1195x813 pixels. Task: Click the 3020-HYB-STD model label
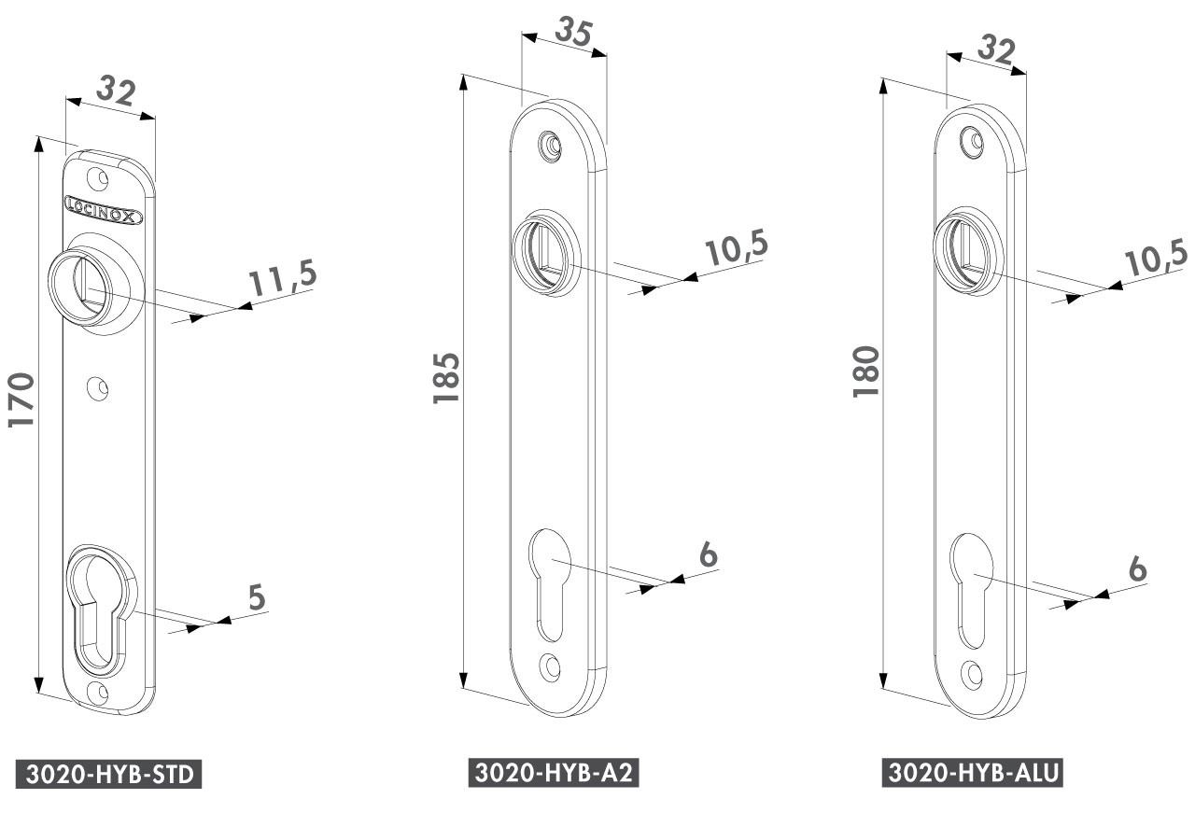click(109, 774)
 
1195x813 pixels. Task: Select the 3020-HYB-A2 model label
click(554, 773)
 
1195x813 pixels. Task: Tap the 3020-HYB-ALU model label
click(973, 773)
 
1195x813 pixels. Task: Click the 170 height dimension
click(21, 399)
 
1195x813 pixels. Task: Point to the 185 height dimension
click(446, 378)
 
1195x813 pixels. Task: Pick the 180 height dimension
click(865, 371)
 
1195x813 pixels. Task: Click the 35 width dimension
click(574, 32)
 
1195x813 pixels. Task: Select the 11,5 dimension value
click(283, 277)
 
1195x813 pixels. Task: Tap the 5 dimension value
click(257, 597)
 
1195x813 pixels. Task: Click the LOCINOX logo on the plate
click(104, 210)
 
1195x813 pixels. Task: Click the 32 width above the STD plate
click(116, 91)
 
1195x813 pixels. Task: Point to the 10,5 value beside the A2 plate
click(737, 248)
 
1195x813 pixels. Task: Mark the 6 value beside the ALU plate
click(1137, 568)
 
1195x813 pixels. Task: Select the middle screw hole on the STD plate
click(98, 387)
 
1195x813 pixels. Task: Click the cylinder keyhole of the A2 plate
click(550, 585)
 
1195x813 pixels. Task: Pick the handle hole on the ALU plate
click(967, 251)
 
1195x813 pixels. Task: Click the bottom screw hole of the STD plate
click(98, 693)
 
